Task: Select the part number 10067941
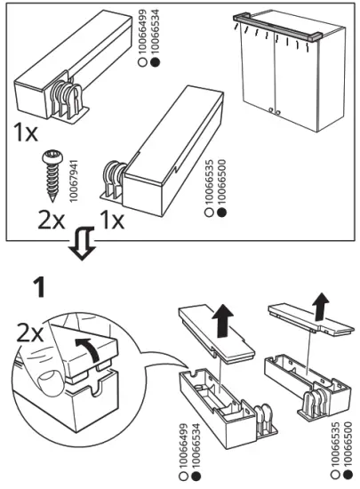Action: click(x=74, y=180)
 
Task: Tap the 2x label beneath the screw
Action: click(x=52, y=220)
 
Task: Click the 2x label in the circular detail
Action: click(x=29, y=333)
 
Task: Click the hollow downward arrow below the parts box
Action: click(x=82, y=244)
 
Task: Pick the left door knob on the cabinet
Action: click(x=271, y=109)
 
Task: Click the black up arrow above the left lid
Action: click(x=222, y=321)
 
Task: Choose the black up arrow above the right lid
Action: click(x=320, y=307)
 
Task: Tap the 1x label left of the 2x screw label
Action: click(x=26, y=133)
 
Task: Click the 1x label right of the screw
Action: click(x=112, y=220)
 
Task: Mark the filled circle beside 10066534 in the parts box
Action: click(x=156, y=62)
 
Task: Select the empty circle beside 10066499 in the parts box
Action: click(x=142, y=62)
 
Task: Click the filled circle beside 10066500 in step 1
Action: click(x=348, y=475)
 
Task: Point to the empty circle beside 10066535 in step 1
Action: click(x=336, y=475)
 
